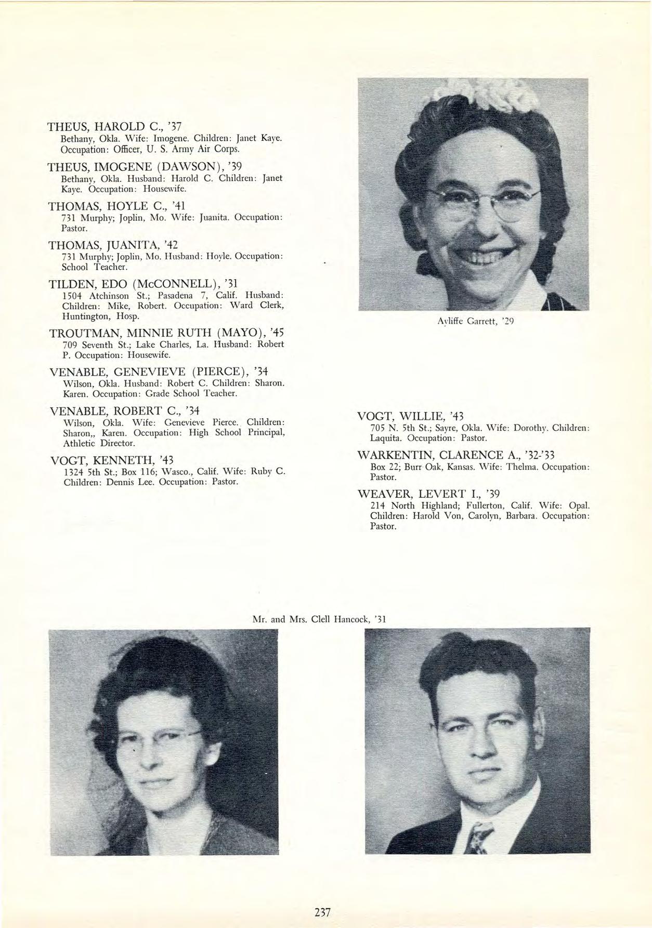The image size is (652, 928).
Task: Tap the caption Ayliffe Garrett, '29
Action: coord(475,321)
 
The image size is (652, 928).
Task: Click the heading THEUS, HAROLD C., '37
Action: coord(114,127)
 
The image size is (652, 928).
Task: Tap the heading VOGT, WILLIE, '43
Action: coord(410,416)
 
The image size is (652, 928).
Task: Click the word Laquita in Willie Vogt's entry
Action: coord(384,438)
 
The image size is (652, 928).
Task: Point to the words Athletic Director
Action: coord(99,443)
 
